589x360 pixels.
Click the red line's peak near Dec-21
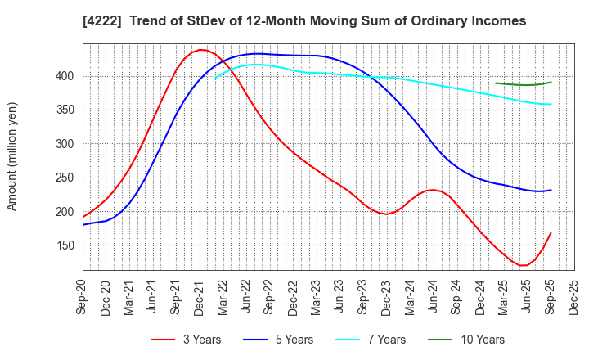click(201, 50)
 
